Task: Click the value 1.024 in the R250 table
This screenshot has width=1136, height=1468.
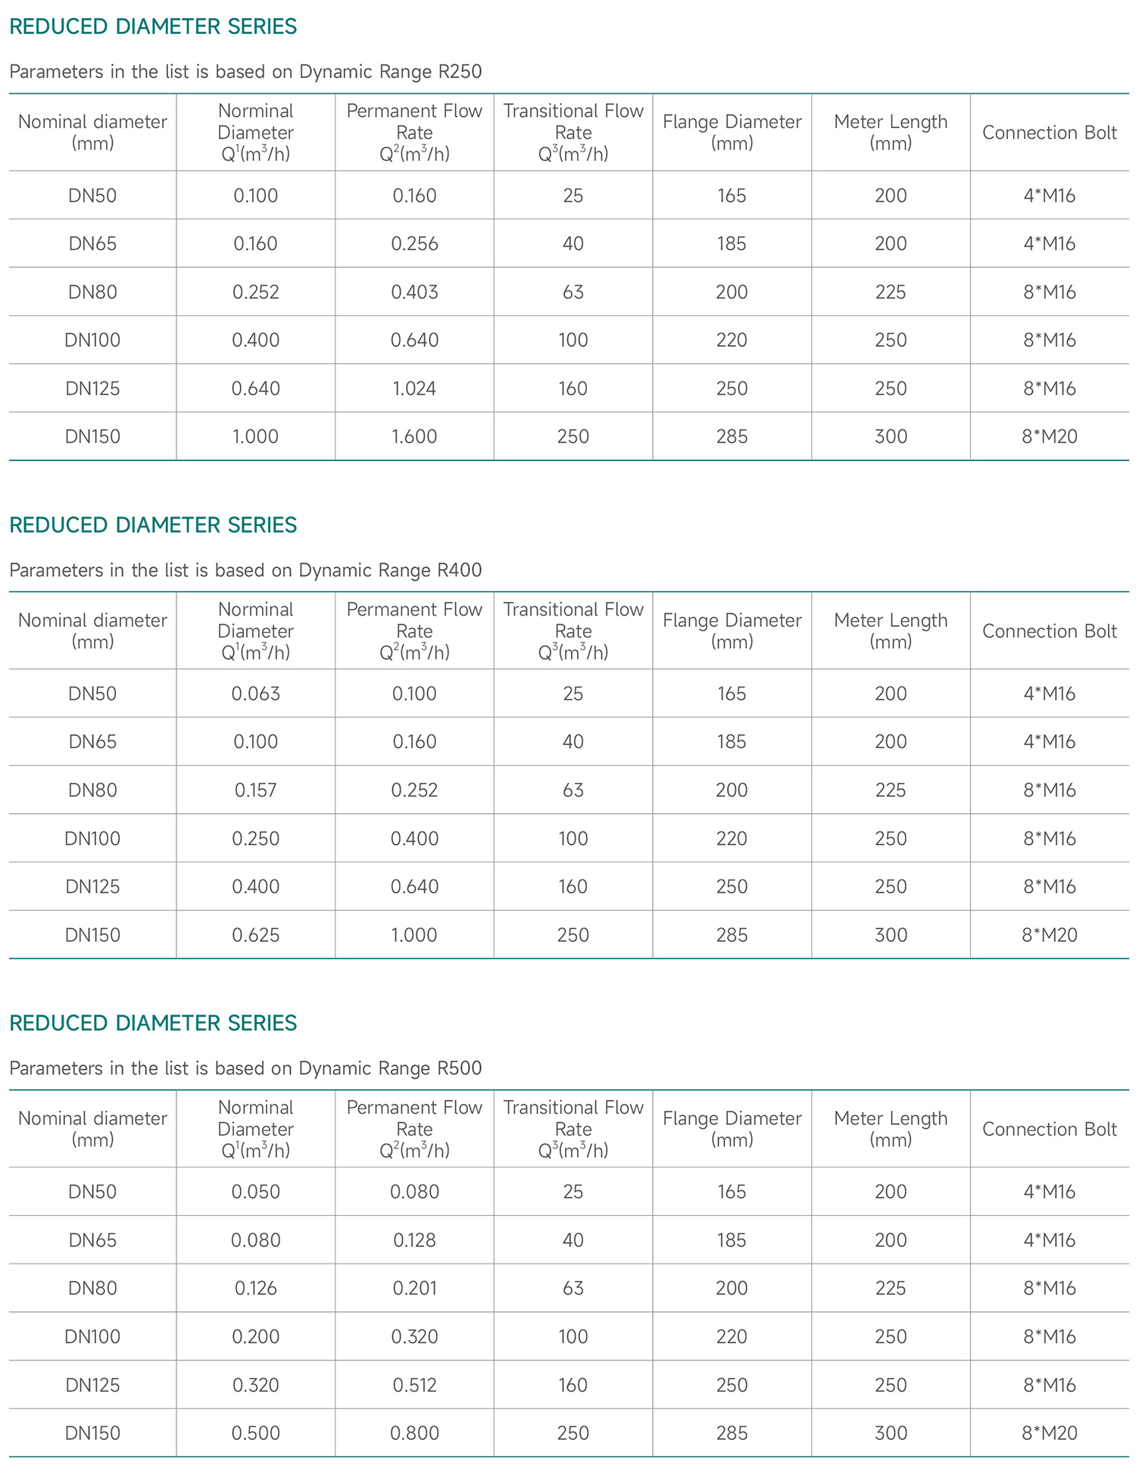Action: [414, 388]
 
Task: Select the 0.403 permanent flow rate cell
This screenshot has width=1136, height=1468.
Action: [414, 292]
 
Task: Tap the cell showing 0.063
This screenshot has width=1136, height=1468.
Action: [256, 693]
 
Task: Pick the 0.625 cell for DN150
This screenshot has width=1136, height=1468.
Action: [256, 935]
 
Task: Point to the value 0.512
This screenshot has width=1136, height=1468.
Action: [414, 1385]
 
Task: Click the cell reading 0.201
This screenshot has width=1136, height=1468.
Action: [414, 1288]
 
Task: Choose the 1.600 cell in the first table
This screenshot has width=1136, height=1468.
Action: [414, 437]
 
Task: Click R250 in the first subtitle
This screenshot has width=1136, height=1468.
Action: [460, 72]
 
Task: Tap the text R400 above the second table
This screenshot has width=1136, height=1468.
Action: [460, 570]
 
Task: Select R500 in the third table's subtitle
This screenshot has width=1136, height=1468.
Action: [460, 1068]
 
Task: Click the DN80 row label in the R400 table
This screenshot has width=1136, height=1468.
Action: [93, 790]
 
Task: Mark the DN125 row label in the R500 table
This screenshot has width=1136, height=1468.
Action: [93, 1385]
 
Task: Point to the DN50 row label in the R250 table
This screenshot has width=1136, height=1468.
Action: [93, 196]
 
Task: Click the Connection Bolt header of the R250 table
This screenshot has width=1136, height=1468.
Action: [1049, 132]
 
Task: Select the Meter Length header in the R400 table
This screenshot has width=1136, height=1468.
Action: [891, 631]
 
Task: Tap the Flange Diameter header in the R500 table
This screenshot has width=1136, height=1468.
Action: [732, 1129]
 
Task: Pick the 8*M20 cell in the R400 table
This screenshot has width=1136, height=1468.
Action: [1049, 935]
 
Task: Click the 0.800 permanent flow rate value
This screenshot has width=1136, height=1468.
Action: [414, 1432]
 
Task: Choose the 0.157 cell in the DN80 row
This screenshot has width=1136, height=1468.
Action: [256, 790]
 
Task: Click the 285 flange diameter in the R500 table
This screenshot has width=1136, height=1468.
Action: [732, 1432]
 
